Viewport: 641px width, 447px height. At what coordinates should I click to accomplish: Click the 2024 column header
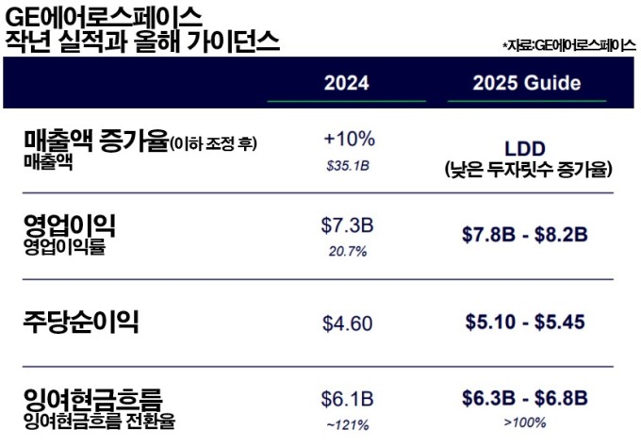pos(346,83)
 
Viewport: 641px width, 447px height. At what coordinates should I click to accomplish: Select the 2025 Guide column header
pos(526,83)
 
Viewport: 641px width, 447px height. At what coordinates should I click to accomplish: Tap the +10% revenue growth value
pos(349,139)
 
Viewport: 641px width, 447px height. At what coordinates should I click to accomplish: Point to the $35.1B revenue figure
pos(347,165)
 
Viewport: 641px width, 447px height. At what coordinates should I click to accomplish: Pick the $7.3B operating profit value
pos(347,225)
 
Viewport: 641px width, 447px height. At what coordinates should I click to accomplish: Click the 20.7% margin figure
pos(347,252)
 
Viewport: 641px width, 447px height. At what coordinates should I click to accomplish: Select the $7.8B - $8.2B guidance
pos(525,235)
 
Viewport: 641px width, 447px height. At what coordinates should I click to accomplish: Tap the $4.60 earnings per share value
pos(347,323)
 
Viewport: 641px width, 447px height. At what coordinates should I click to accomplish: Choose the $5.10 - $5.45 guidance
pos(525,323)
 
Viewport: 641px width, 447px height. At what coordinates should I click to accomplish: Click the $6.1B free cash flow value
pos(347,397)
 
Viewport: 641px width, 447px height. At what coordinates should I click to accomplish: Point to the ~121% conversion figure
pos(347,424)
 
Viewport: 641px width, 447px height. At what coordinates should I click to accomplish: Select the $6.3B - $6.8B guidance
pos(525,397)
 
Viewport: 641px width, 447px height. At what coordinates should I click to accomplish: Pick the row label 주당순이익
pos(81,323)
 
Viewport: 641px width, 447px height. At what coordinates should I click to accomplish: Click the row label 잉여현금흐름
pos(93,396)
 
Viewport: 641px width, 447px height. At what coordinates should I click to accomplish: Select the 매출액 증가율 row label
pos(94,141)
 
